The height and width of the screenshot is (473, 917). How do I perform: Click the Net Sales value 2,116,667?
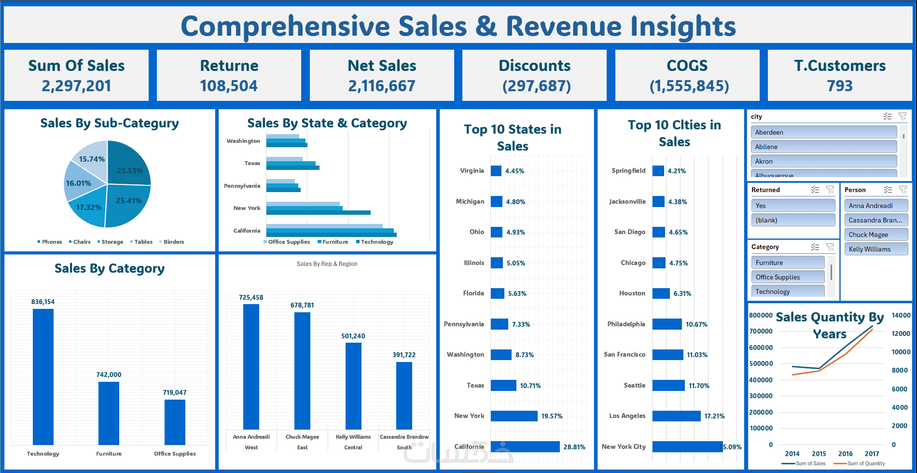click(382, 86)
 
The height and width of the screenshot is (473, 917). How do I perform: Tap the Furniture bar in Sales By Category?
click(109, 413)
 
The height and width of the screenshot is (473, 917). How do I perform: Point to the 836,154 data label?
click(43, 302)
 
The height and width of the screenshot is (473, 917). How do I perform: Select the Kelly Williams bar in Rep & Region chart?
click(353, 386)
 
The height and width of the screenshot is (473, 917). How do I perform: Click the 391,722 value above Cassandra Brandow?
click(404, 355)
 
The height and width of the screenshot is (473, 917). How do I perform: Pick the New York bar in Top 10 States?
click(514, 416)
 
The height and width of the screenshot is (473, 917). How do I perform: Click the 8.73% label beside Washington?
click(525, 355)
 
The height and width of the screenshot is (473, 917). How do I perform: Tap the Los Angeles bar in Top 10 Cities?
click(676, 416)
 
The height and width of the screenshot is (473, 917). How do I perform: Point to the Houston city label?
click(632, 293)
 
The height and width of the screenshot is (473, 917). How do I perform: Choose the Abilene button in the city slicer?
click(824, 147)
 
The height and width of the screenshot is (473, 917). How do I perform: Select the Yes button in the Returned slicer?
click(793, 206)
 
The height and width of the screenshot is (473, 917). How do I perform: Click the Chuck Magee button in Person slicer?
click(876, 235)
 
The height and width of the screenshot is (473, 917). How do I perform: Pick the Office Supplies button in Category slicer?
click(788, 277)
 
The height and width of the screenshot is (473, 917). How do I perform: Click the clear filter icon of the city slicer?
click(903, 116)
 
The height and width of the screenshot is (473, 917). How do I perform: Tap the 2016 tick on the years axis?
click(846, 454)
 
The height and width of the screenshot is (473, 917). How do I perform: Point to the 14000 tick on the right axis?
click(901, 315)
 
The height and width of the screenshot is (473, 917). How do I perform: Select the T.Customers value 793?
click(840, 86)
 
